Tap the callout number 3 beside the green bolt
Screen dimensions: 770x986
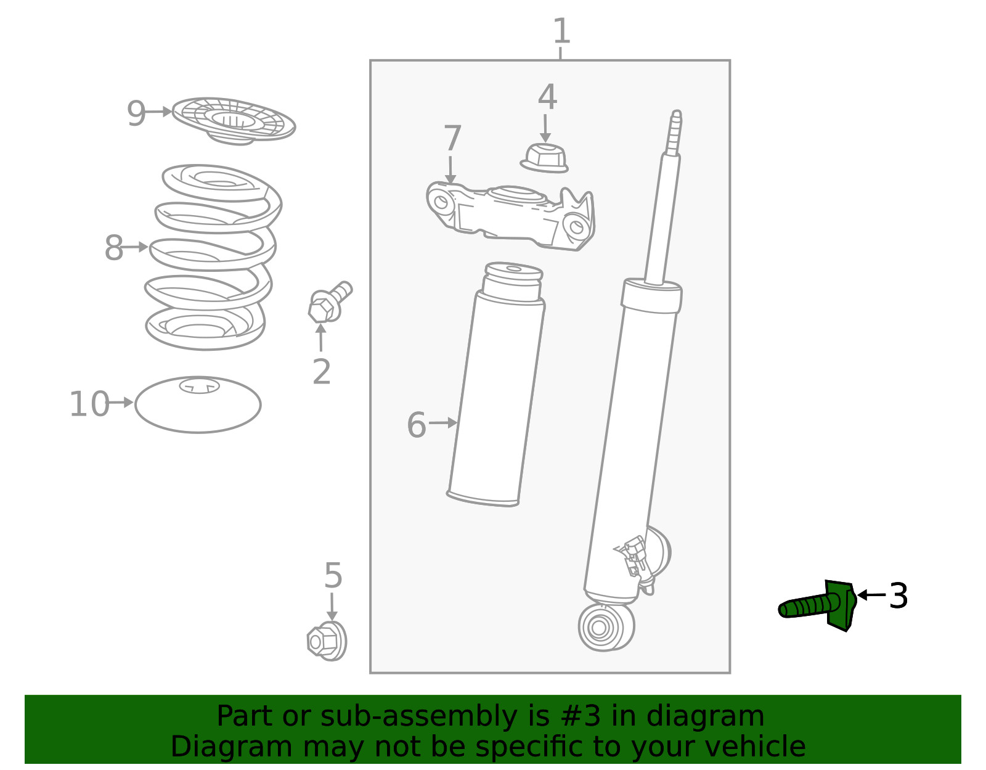pyautogui.click(x=898, y=596)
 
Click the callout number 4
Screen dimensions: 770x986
pyautogui.click(x=547, y=97)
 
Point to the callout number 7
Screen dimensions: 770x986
pyautogui.click(x=452, y=139)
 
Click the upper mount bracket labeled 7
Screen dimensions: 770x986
pyautogui.click(x=511, y=216)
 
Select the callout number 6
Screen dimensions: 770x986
pyautogui.click(x=417, y=425)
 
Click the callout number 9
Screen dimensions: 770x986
pyautogui.click(x=136, y=113)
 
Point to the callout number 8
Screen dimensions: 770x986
pyautogui.click(x=113, y=248)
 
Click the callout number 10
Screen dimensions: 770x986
pyautogui.click(x=89, y=404)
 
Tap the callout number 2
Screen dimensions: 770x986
pyautogui.click(x=321, y=372)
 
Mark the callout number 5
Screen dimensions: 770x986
pyautogui.click(x=333, y=576)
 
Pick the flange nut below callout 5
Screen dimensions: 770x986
pyautogui.click(x=327, y=641)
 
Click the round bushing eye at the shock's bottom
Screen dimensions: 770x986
pyautogui.click(x=600, y=628)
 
